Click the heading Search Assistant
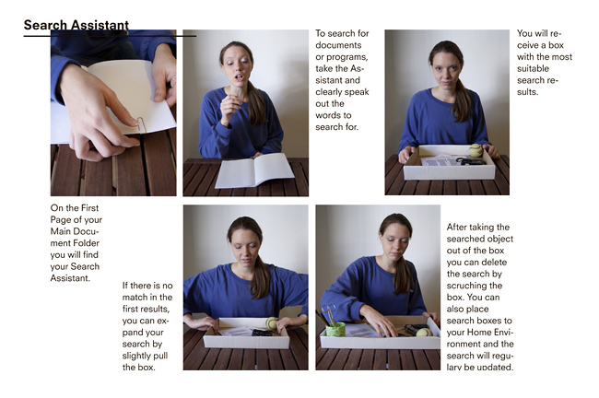76,25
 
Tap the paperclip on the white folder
141,125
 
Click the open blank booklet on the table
254,170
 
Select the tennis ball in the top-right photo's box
476,150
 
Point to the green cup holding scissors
335,329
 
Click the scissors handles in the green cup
329,310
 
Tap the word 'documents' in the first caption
338,45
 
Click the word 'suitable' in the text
533,69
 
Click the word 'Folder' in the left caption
87,243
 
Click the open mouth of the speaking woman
240,76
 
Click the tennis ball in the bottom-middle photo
272,323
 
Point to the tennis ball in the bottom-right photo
424,332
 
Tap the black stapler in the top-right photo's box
471,161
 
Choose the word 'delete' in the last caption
493,263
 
